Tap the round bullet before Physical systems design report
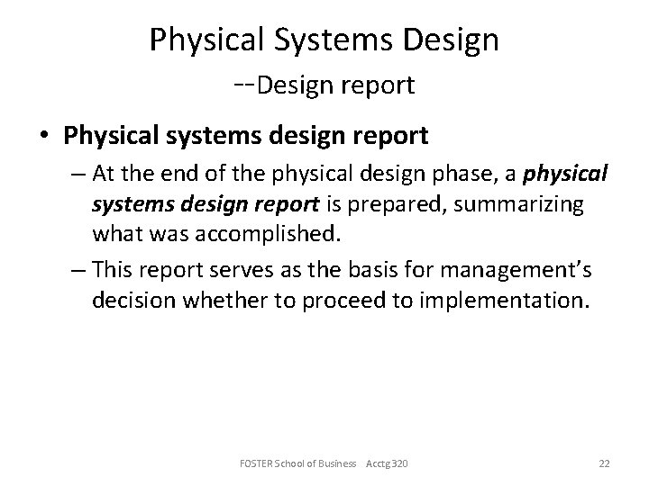pos(44,136)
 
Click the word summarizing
pos(528,205)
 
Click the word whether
pos(223,300)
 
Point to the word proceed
pos(322,300)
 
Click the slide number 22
pos(604,463)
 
